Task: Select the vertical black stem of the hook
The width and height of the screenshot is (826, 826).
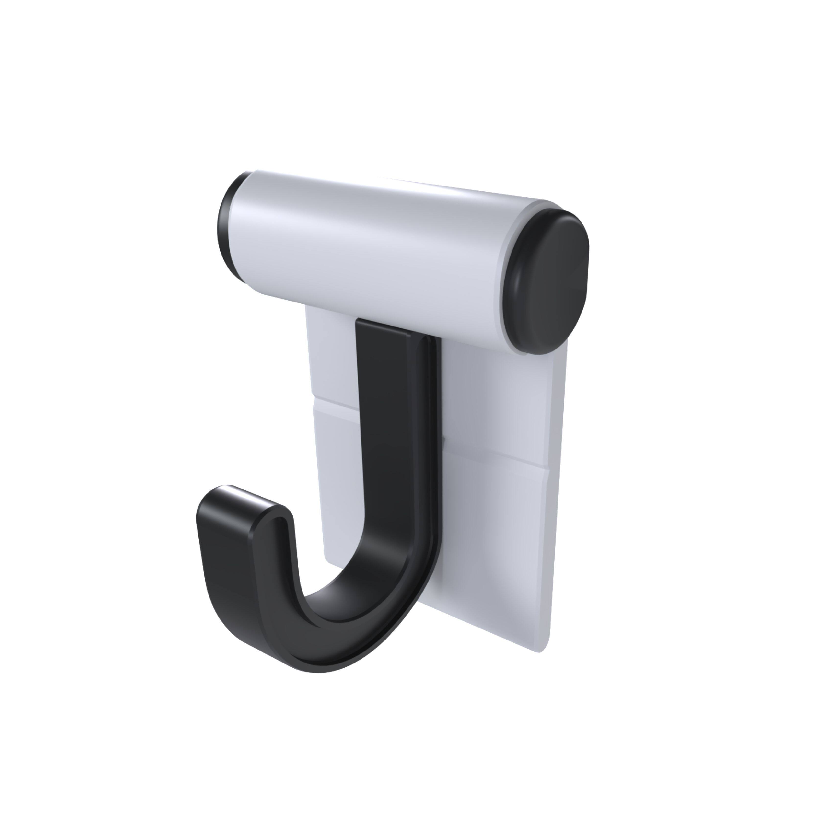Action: click(387, 428)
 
